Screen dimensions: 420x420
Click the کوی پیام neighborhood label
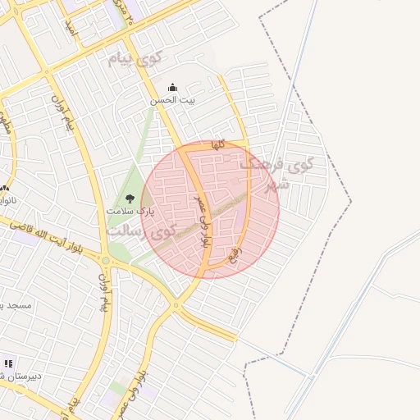point(135,59)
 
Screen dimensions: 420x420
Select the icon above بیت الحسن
point(172,87)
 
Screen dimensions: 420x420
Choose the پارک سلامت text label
point(130,211)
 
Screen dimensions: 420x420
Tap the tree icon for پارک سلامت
point(129,198)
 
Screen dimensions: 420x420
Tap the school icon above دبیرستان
point(9,363)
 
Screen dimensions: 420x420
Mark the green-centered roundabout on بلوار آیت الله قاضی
point(105,261)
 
